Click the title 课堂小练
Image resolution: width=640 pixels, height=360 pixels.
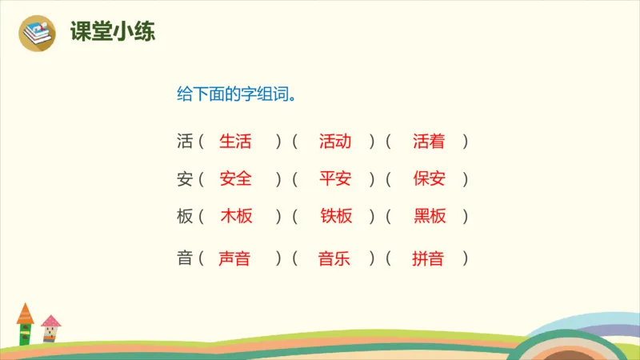112,32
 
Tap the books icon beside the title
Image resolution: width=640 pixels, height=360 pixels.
38,33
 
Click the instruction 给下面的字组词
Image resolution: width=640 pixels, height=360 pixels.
238,94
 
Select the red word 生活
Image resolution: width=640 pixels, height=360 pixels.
235,142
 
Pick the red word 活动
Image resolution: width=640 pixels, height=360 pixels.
334,142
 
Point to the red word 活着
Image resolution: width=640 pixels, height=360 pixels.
429,142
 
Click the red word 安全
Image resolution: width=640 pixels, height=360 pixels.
235,178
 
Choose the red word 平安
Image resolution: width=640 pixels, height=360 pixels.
334,178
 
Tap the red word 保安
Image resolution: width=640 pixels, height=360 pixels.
429,178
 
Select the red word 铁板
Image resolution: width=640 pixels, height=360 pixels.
335,216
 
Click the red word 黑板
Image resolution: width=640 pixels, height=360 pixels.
429,216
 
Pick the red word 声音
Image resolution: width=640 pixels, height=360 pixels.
234,258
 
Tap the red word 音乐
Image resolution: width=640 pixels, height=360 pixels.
334,258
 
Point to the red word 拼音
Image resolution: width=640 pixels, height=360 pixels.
428,258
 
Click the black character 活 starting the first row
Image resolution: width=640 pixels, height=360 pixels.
185,142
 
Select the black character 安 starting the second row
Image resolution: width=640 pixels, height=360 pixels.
185,178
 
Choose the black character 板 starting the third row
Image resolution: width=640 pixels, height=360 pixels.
185,216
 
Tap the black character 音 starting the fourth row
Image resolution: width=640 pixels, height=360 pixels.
185,258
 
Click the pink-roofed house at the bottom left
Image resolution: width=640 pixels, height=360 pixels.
50,328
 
